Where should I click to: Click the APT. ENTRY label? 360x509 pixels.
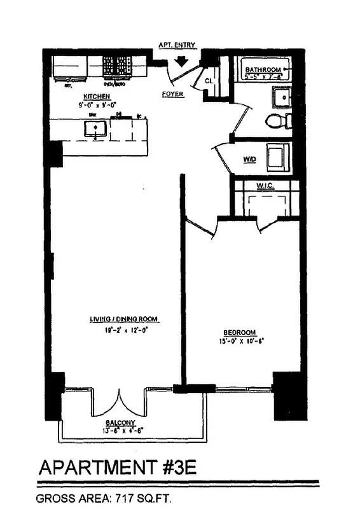(177, 45)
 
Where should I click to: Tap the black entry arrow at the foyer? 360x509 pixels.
(181, 61)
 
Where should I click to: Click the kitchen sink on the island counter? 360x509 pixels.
(94, 130)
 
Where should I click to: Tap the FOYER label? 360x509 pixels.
(172, 94)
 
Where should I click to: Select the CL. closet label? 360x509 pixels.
(209, 81)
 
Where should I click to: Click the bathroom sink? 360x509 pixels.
(281, 97)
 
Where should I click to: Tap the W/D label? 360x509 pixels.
(249, 159)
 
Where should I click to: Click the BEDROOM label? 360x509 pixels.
(239, 333)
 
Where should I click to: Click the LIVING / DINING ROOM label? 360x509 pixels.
(123, 319)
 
